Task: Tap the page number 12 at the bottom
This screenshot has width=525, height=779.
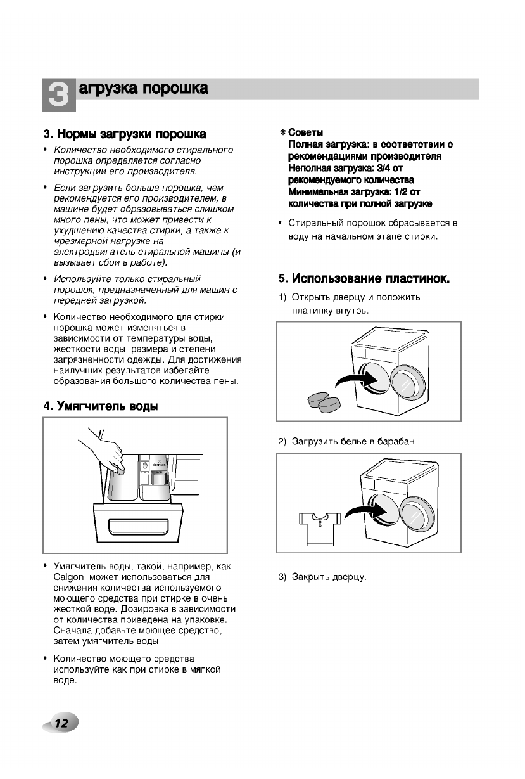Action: [61, 723]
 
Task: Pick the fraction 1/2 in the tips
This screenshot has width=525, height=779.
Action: [399, 192]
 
